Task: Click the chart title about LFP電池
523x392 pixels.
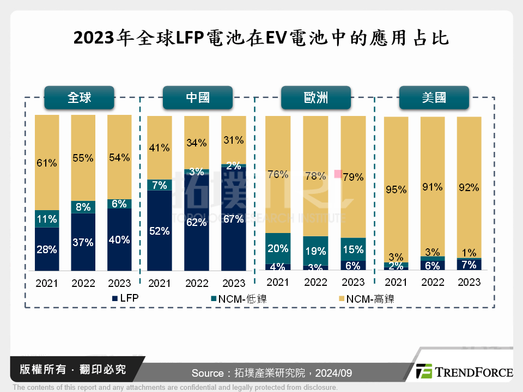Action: click(261, 38)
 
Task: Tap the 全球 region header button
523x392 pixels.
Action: click(80, 97)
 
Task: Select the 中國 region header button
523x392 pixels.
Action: click(198, 97)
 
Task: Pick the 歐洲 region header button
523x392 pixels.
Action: click(315, 97)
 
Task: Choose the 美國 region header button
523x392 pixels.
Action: click(434, 97)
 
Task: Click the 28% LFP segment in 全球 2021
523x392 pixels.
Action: click(47, 249)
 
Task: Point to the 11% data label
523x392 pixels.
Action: click(47, 219)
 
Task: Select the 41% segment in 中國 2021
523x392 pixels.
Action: click(159, 148)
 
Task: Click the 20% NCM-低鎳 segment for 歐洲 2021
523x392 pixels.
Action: click(278, 248)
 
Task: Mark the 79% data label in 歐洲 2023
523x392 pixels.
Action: click(353, 177)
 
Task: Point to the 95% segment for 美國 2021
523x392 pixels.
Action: click(396, 189)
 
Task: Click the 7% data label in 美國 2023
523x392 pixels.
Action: click(469, 265)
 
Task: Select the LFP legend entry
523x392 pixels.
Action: click(126, 299)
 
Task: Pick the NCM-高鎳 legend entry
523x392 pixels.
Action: click(366, 299)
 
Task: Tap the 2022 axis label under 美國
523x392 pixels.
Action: click(433, 282)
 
